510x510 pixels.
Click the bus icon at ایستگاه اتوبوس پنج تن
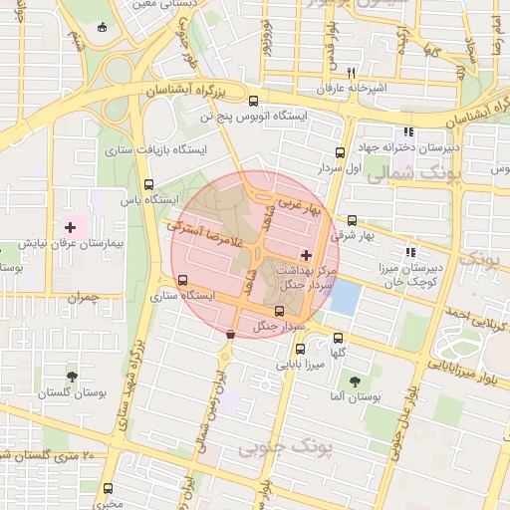point(253,101)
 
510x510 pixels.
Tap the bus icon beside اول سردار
point(341,153)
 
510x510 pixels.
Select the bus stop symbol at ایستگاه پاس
point(148,184)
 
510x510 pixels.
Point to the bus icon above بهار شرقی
point(352,220)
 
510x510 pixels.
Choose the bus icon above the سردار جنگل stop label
point(278,311)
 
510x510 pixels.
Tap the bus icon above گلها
point(339,338)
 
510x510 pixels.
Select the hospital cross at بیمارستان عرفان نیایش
point(70,228)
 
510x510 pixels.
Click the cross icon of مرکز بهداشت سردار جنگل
point(305,256)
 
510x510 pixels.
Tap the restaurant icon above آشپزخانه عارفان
point(351,73)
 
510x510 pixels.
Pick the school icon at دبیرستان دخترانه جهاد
point(407,132)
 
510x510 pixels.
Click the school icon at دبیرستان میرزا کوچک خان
point(411,252)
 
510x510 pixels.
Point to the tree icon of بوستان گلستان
point(72,377)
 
